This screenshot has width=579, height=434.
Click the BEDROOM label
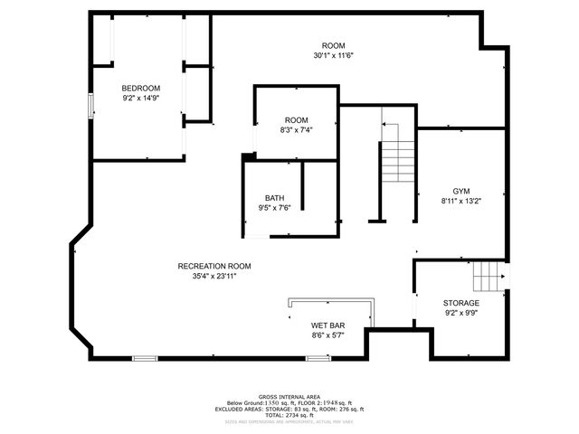tap(141, 88)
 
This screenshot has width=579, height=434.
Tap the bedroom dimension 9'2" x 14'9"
tap(141, 98)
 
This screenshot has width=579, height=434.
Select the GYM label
tap(461, 191)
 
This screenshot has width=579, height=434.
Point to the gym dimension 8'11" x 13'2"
tap(461, 201)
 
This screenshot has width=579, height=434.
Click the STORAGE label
tap(461, 303)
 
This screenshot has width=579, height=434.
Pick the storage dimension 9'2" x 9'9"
tap(461, 313)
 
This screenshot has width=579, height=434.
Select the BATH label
tap(274, 198)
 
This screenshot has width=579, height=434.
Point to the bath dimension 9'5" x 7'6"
tap(274, 208)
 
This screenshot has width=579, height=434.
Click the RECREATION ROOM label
tap(214, 266)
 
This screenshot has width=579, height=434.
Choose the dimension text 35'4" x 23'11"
tap(214, 277)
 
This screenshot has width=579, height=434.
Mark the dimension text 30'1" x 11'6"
tap(333, 55)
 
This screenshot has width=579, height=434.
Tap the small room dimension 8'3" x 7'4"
tap(297, 129)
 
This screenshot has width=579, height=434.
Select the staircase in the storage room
tap(489, 271)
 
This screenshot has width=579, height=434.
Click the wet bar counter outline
tap(331, 301)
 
